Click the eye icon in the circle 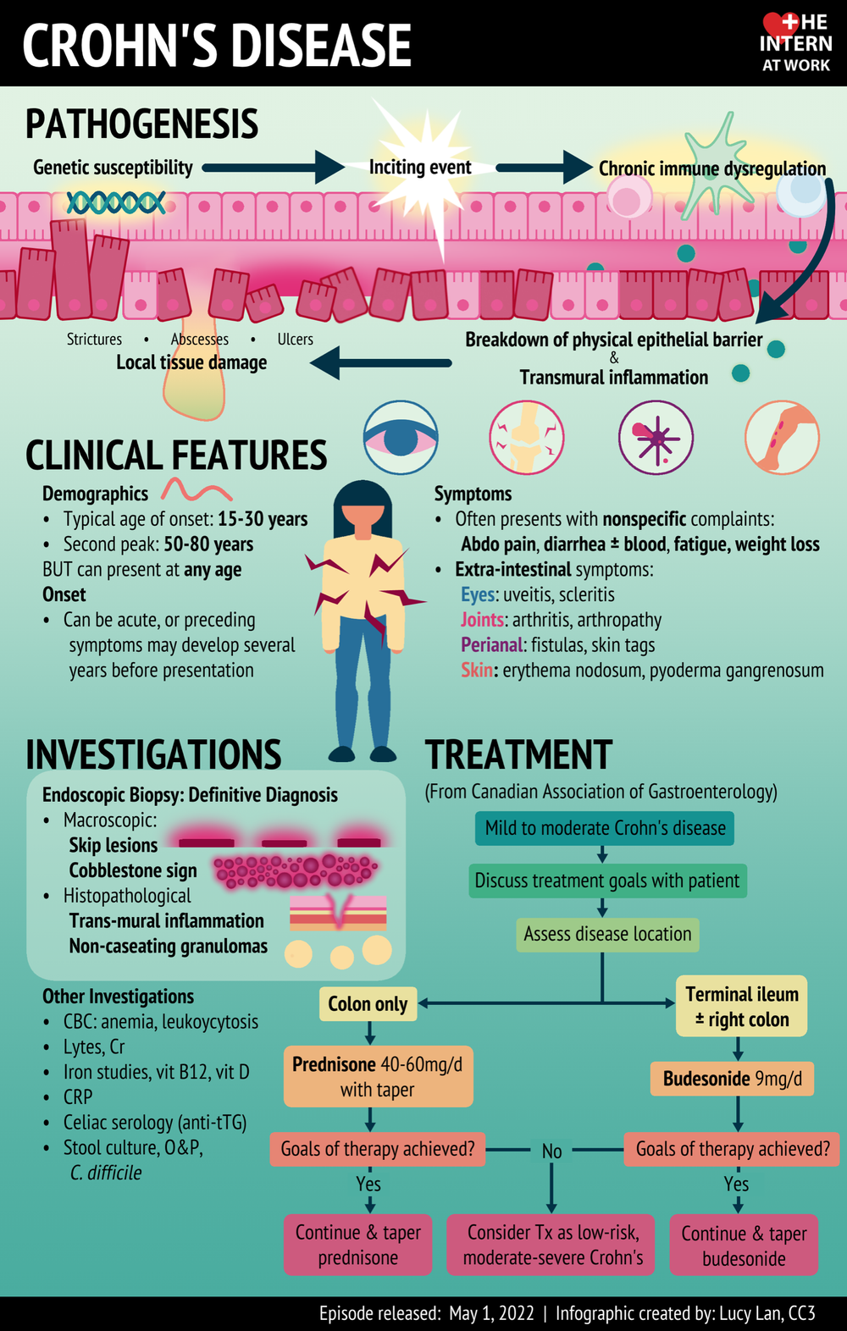tap(401, 438)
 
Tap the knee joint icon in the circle tap(527, 438)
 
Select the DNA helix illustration tap(116, 202)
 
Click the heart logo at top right tap(780, 25)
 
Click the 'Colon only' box tap(368, 1004)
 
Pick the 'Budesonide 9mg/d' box tap(733, 1079)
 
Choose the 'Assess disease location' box tap(607, 934)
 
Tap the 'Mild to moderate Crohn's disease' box tap(605, 828)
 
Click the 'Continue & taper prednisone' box tap(357, 1245)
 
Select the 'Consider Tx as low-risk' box tap(552, 1245)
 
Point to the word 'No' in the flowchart tap(551, 1151)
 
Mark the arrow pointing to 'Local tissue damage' tap(381, 363)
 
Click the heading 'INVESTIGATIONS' tap(153, 754)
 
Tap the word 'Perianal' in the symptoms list tap(492, 645)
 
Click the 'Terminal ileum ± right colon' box tap(741, 1007)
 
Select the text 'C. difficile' tap(106, 1173)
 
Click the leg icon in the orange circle tap(782, 438)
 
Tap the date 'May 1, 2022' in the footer tap(491, 1313)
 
